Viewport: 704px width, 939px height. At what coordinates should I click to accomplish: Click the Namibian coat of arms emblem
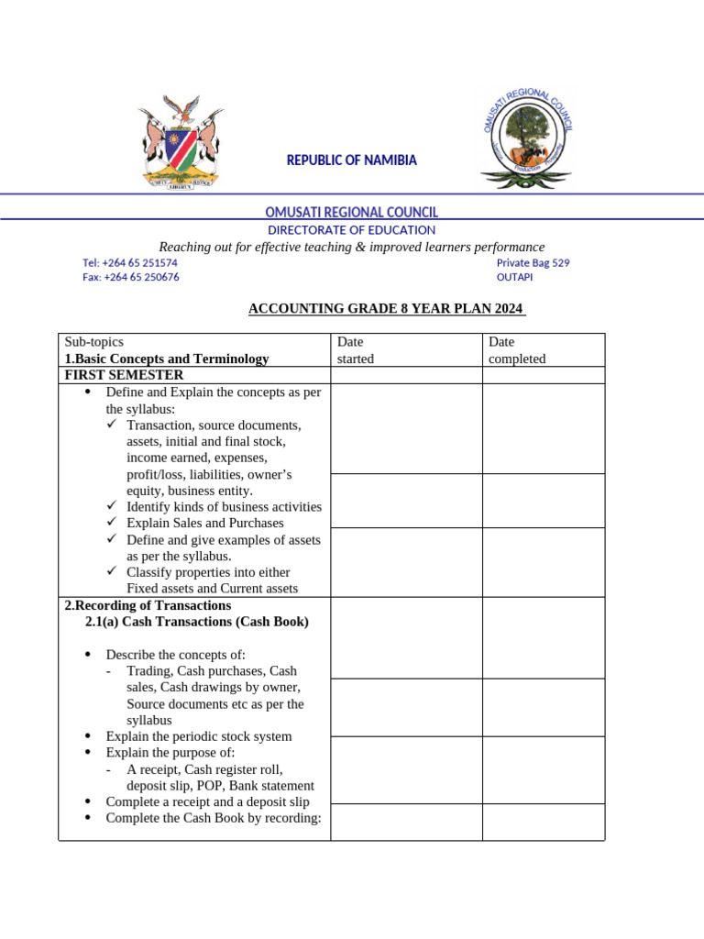[181, 142]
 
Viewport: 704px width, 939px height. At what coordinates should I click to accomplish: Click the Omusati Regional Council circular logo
[529, 138]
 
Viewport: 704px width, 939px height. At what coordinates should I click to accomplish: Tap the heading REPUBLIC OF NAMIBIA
[351, 160]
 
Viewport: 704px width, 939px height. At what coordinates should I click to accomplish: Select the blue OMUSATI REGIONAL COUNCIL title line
[351, 213]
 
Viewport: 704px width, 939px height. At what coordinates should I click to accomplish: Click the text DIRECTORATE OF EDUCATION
[351, 230]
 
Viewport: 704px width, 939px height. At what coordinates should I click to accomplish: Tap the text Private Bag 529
[533, 262]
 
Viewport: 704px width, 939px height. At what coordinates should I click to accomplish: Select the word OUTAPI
[514, 278]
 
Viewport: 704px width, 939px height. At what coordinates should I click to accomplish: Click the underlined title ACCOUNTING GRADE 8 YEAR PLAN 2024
[387, 308]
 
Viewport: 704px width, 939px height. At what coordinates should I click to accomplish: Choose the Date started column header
[356, 350]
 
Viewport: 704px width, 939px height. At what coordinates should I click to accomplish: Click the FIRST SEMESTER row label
[124, 375]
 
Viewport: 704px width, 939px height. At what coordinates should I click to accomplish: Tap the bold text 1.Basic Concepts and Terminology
[167, 359]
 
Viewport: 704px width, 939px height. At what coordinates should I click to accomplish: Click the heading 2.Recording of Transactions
[148, 606]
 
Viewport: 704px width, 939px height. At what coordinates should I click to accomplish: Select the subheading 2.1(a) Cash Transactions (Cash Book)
[197, 622]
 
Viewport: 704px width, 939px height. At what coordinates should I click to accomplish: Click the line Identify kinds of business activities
[224, 506]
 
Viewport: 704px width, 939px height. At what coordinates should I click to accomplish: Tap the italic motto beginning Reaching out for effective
[352, 247]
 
